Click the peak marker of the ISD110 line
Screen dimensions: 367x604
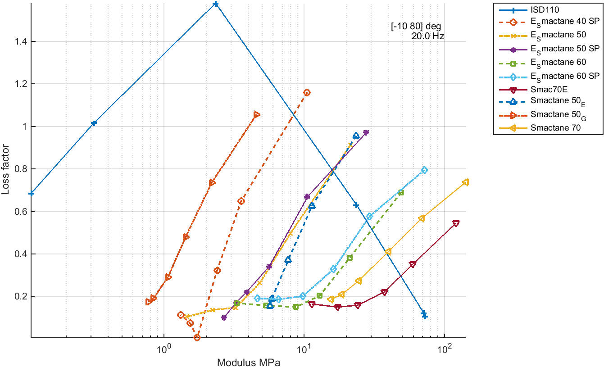click(216, 4)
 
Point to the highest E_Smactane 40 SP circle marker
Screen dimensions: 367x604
click(307, 93)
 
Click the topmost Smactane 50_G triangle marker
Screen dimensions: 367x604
click(257, 115)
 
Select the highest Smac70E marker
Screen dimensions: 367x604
click(456, 223)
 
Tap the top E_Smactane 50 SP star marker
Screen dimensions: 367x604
click(366, 132)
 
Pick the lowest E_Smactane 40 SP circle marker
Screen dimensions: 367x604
click(197, 337)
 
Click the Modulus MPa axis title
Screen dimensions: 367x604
click(249, 362)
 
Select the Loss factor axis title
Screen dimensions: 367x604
click(5, 169)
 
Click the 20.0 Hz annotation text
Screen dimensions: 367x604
click(427, 37)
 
